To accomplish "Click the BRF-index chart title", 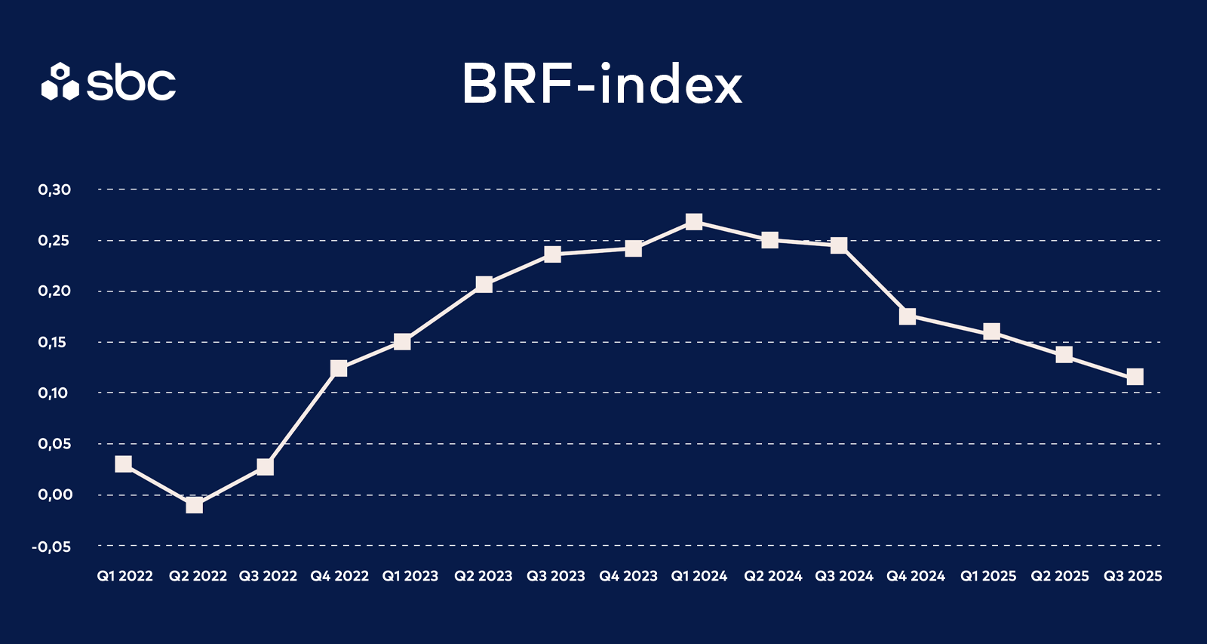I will pos(602,84).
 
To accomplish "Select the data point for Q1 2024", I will pos(694,221).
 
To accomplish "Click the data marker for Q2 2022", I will pos(194,504).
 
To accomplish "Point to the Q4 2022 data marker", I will pos(339,368).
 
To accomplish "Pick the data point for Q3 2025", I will pos(1135,377).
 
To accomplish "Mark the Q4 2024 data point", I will pos(908,316).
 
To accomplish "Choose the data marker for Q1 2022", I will pos(124,464).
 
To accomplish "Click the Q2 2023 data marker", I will pos(484,284).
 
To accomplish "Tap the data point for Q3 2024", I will pos(839,245).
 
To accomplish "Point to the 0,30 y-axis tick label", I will pos(54,190).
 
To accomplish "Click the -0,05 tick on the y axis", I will pos(51,547).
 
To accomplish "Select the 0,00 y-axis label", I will pos(55,495).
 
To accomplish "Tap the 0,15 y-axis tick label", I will pos(53,343).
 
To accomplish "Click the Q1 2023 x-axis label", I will pos(410,576).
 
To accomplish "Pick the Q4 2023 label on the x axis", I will pos(628,576).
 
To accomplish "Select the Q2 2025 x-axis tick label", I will pos(1060,576).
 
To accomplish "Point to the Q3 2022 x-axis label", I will pos(268,576).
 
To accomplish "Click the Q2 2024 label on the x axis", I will pos(773,576).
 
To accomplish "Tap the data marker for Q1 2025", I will pos(991,331).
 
